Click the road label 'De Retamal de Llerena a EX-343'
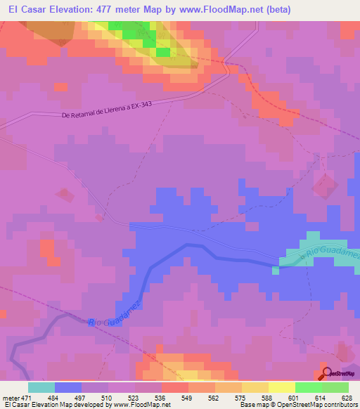117,110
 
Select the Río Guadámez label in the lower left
115,312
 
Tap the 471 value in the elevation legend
27,398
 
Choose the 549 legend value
188,398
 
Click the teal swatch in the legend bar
41,387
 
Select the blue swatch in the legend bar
68,387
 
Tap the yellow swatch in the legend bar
281,387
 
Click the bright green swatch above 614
308,387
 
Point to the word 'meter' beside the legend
11,398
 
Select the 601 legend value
295,398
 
